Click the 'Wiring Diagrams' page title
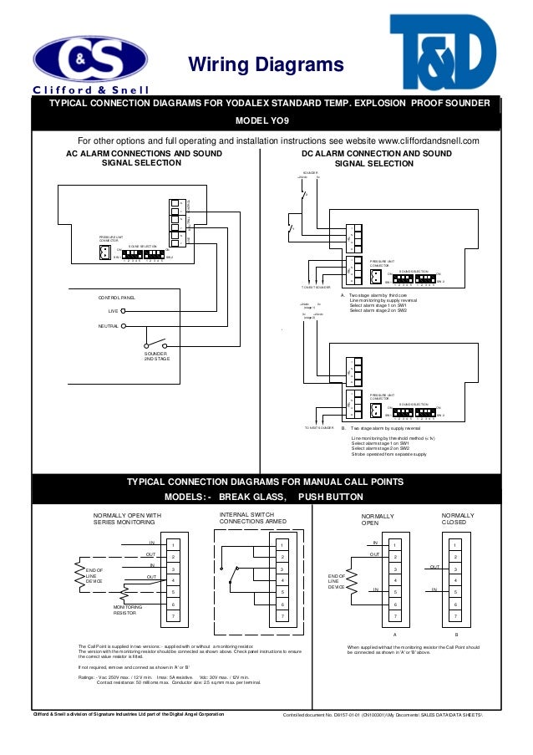265,65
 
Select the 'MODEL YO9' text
266,119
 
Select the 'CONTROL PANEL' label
116,297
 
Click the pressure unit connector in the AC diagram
104,254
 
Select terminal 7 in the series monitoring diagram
171,615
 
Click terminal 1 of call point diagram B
455,544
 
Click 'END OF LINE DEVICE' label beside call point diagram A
338,581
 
